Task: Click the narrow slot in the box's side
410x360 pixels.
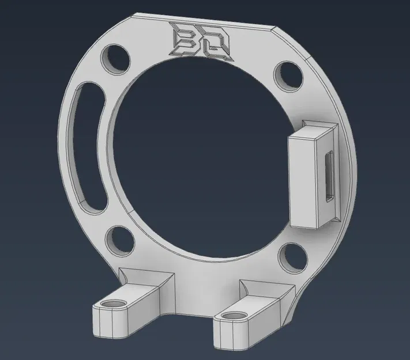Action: click(x=330, y=176)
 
